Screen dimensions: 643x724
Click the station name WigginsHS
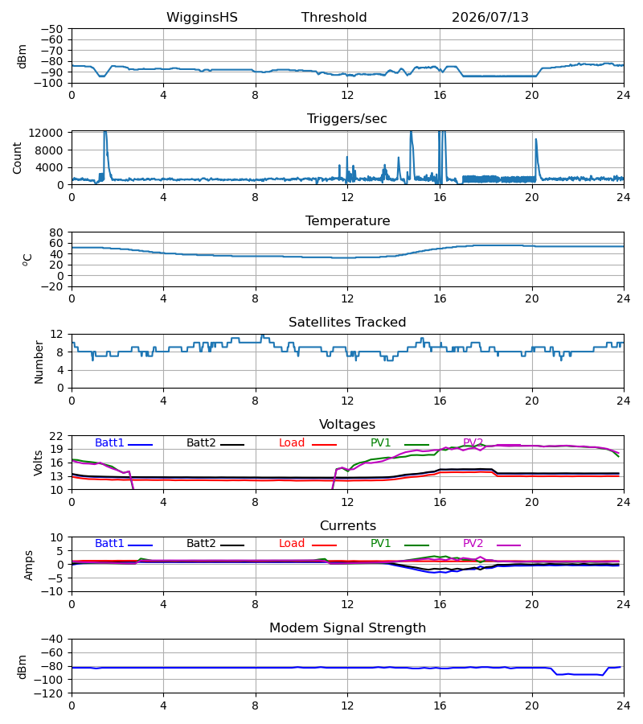[x=202, y=18]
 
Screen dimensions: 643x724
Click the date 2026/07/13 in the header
[x=489, y=18]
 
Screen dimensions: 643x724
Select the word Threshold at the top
[x=334, y=18]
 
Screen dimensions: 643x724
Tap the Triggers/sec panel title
[x=347, y=119]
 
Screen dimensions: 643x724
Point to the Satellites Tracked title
[x=347, y=323]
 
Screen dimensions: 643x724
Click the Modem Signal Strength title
[x=347, y=628]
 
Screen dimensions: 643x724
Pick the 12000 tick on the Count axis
[x=46, y=133]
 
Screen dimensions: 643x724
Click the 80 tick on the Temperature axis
[x=56, y=232]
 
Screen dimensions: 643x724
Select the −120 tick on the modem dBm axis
[x=51, y=693]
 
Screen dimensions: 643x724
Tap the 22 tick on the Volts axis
[x=56, y=436]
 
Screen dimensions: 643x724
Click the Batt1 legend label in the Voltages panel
[x=109, y=442]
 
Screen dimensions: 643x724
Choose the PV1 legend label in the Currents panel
[x=380, y=544]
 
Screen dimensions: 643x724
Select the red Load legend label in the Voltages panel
[x=292, y=442]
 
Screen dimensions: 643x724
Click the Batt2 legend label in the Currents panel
[x=201, y=544]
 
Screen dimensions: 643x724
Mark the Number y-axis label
[x=39, y=363]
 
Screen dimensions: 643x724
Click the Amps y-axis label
[x=29, y=566]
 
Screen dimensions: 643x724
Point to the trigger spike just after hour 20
[x=536, y=139]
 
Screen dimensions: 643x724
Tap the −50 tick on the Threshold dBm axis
[x=51, y=29]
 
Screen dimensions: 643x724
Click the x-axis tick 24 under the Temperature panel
[x=624, y=298]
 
